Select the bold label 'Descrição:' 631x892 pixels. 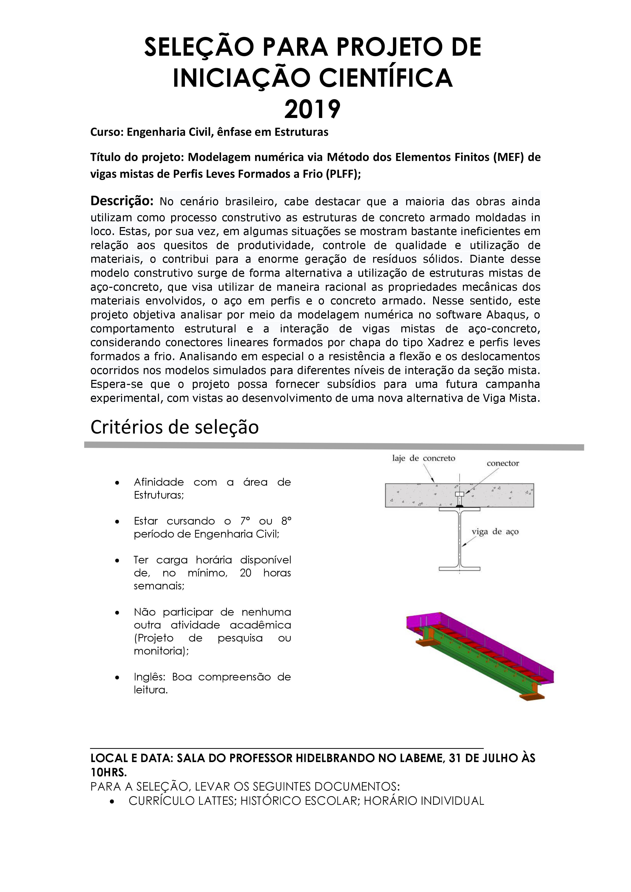tap(122, 201)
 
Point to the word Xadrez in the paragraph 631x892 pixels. tap(447, 343)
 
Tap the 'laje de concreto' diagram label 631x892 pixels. tap(423, 458)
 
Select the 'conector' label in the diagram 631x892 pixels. tap(503, 464)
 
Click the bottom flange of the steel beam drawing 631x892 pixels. tap(459, 569)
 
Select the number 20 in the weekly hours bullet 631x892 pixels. tap(246, 573)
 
